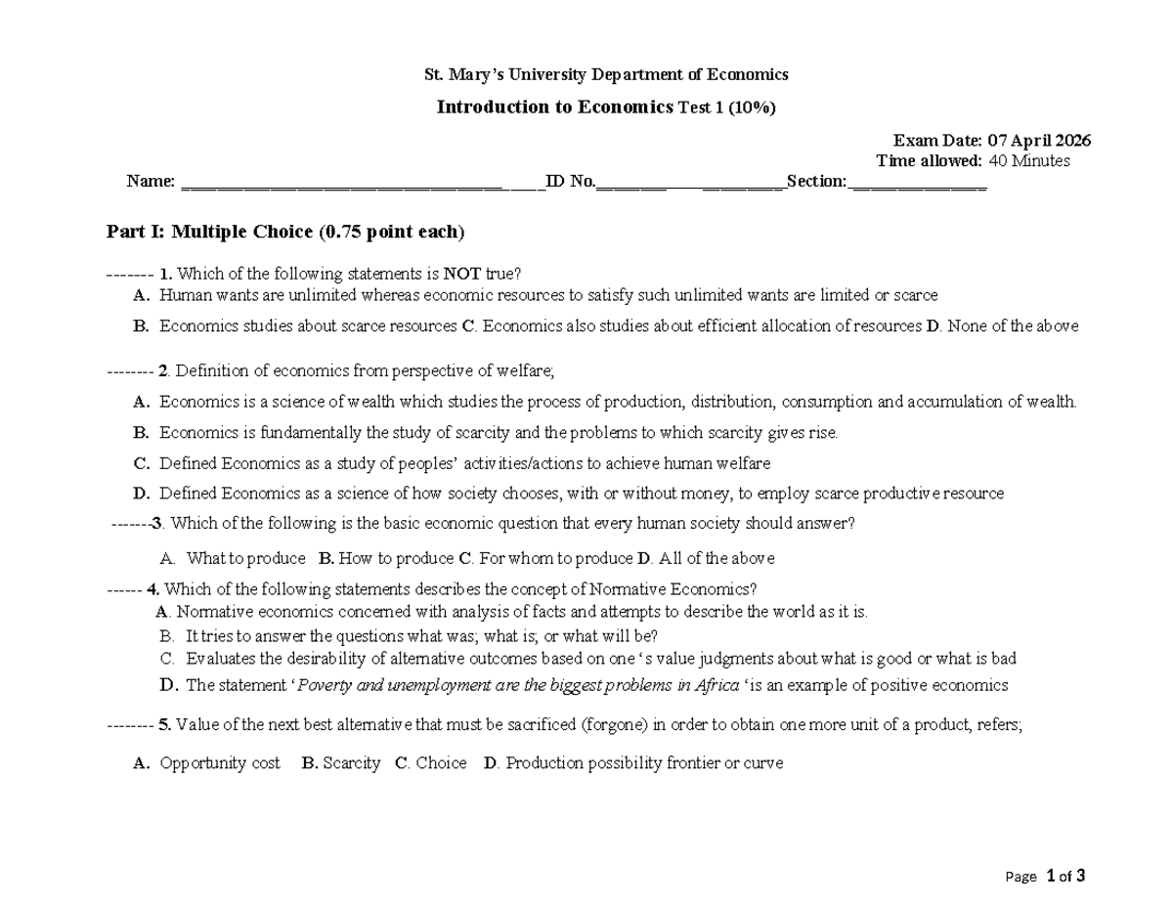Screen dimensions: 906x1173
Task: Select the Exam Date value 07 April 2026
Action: click(1039, 141)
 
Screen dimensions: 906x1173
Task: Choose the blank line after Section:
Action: click(919, 182)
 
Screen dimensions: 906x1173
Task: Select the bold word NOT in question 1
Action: click(461, 274)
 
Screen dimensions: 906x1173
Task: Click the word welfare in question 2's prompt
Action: click(528, 371)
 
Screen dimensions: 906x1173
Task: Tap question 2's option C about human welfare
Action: click(464, 463)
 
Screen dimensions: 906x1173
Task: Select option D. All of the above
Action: click(706, 559)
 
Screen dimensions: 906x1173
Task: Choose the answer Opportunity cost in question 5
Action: click(219, 763)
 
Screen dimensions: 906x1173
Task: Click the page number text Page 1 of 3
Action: click(1045, 876)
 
